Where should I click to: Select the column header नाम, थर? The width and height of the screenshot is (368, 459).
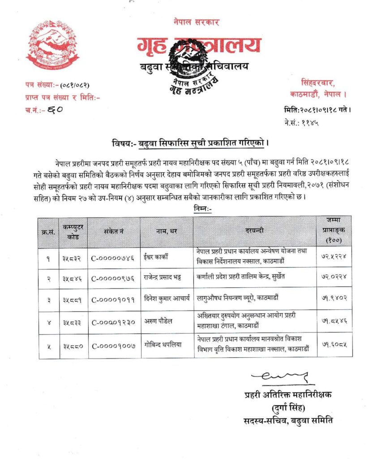point(167,231)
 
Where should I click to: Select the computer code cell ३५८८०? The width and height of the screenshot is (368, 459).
point(73,346)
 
